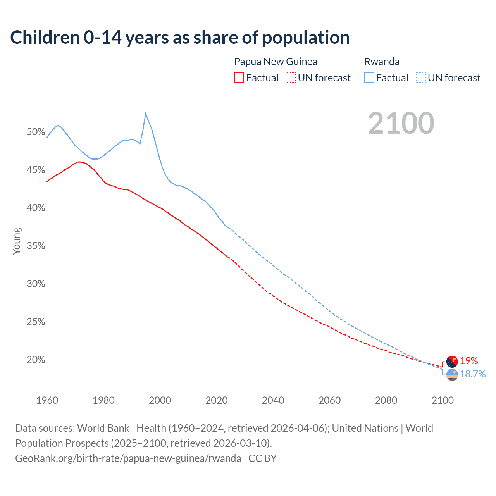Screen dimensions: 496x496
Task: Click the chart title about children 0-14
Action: tap(180, 38)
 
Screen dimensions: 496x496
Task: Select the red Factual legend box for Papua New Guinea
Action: tap(239, 77)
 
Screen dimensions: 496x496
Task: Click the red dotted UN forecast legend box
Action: tap(291, 77)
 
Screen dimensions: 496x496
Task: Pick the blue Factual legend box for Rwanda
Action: tap(369, 77)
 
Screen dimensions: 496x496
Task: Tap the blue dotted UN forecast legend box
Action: tap(420, 77)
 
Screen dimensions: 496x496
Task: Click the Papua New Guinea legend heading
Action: tap(276, 62)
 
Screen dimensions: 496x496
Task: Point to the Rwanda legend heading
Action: tap(382, 62)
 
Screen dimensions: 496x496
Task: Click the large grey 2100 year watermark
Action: tap(401, 123)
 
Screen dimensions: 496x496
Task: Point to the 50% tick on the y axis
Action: tap(36, 132)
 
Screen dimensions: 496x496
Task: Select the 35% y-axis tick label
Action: tap(36, 246)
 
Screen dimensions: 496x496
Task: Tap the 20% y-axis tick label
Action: tap(36, 360)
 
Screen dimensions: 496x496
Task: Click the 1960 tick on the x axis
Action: tap(47, 400)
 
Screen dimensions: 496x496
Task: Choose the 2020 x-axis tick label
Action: tap(217, 400)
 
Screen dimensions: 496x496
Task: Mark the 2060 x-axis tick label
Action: tap(330, 400)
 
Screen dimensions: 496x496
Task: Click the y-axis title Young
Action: tap(17, 241)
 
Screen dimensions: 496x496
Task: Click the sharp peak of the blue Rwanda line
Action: tap(145, 114)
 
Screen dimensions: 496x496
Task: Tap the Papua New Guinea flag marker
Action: tap(452, 362)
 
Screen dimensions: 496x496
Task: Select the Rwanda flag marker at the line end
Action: tap(452, 375)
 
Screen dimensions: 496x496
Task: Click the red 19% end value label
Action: tap(469, 361)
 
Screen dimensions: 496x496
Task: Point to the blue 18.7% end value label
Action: tap(473, 374)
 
